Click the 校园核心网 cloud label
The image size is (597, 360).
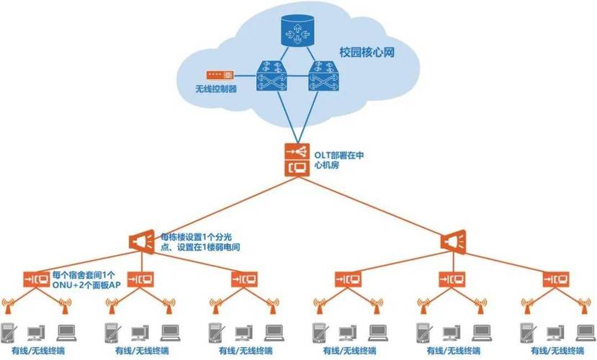click(x=366, y=53)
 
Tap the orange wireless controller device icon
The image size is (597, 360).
click(x=218, y=75)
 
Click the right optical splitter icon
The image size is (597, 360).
click(x=454, y=241)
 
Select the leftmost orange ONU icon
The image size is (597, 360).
click(x=35, y=278)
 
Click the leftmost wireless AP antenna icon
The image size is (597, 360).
click(x=9, y=306)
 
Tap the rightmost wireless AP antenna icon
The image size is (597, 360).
click(x=583, y=306)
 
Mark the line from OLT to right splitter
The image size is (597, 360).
click(x=374, y=204)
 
